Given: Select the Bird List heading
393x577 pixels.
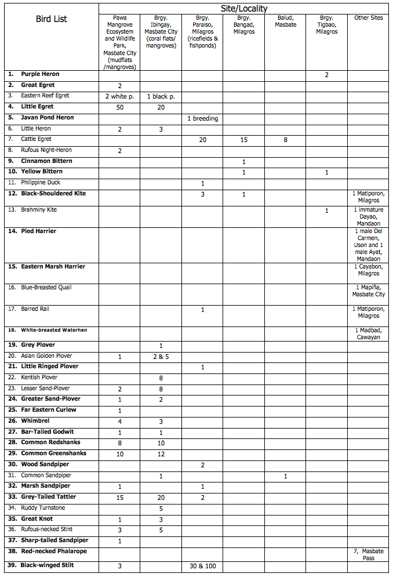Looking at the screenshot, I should [51, 19].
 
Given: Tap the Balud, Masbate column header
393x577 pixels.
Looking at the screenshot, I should [285, 21].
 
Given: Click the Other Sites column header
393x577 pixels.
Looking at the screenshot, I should [369, 18].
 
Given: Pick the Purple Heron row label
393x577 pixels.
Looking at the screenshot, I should [40, 74].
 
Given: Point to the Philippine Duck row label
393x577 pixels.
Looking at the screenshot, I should [41, 183].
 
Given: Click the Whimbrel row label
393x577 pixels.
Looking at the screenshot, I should [35, 421].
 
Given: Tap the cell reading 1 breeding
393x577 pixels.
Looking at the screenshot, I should [202, 118].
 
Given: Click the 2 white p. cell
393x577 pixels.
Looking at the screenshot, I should [119, 96].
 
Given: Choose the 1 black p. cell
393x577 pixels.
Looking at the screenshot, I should [161, 96].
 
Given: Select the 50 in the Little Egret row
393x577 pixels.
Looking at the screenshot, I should [119, 107].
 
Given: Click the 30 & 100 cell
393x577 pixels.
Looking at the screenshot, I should [202, 566].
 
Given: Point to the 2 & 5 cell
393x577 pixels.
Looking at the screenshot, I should [161, 357].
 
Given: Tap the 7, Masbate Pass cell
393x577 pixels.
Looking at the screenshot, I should [369, 554].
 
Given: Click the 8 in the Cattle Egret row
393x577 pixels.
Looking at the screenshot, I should [285, 140].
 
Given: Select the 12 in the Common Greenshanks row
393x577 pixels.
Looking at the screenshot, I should [161, 454].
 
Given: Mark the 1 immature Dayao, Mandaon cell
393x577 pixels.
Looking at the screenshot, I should [369, 216].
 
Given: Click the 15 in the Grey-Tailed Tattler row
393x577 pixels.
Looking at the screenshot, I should [119, 498].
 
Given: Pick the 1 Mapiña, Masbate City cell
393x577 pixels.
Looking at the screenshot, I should [369, 291].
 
